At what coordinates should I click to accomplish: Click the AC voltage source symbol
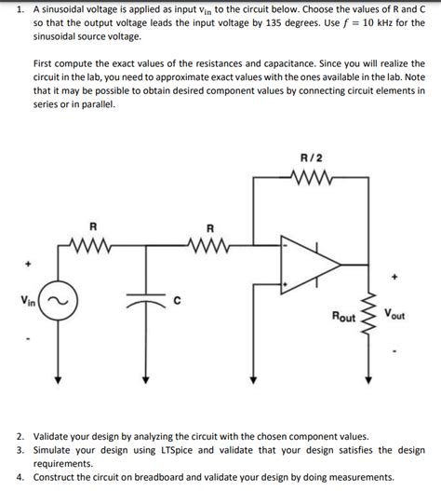pyautogui.click(x=58, y=301)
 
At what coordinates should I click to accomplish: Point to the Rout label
pyautogui.click(x=343, y=318)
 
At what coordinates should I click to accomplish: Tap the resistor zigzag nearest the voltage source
pyautogui.click(x=92, y=247)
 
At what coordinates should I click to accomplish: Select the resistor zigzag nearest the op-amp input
pyautogui.click(x=209, y=247)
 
